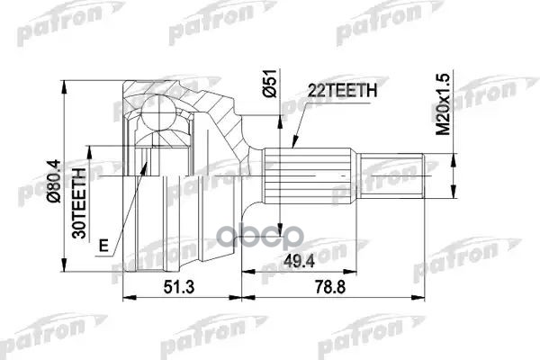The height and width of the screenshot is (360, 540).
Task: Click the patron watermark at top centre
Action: click(216, 28)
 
